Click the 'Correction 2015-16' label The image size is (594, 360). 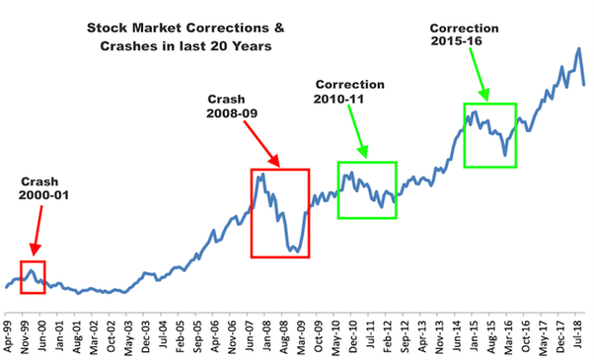point(464,36)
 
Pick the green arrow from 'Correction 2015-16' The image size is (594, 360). point(477,73)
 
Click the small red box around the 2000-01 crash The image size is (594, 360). point(33,278)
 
